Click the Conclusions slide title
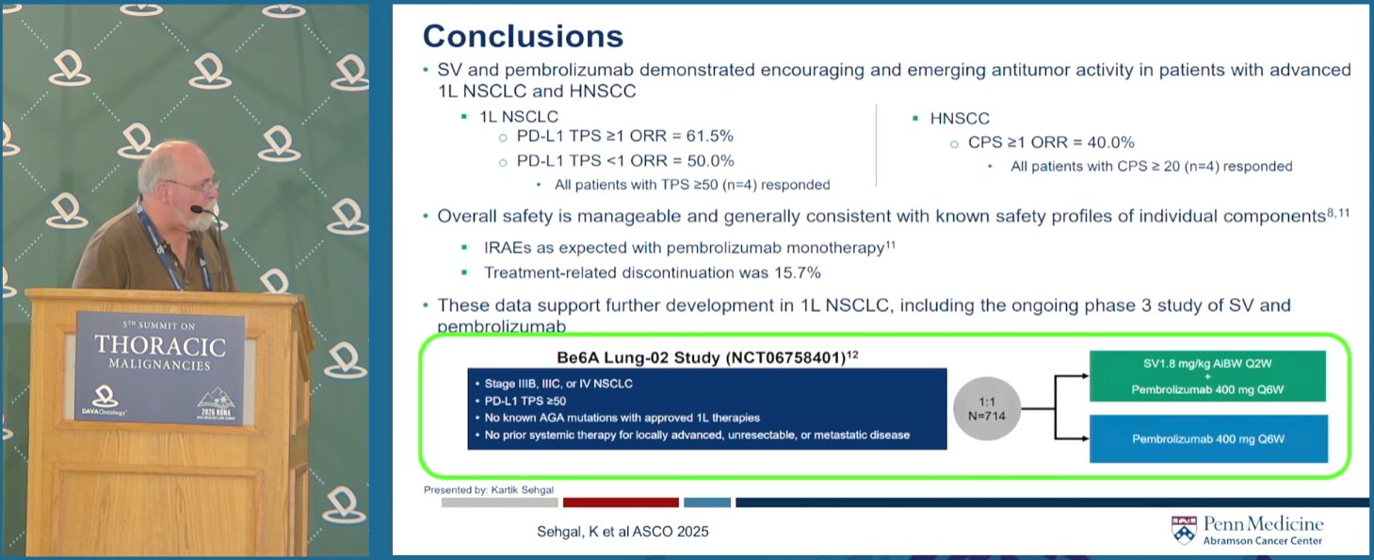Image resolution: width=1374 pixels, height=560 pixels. click(523, 36)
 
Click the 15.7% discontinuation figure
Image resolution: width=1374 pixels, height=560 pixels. click(798, 272)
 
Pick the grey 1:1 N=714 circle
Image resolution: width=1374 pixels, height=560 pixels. click(986, 409)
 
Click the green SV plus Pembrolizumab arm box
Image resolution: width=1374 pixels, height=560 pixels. click(1207, 376)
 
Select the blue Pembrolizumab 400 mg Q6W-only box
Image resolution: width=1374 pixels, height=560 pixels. click(1208, 438)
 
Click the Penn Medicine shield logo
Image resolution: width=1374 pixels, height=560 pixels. click(1183, 530)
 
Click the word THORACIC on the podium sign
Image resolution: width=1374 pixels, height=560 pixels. click(160, 346)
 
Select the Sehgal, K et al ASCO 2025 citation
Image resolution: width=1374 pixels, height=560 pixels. click(622, 532)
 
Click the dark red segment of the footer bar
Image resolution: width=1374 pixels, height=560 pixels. click(621, 502)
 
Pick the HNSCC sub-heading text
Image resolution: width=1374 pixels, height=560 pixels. click(960, 119)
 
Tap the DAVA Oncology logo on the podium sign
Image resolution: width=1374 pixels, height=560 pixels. click(105, 401)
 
